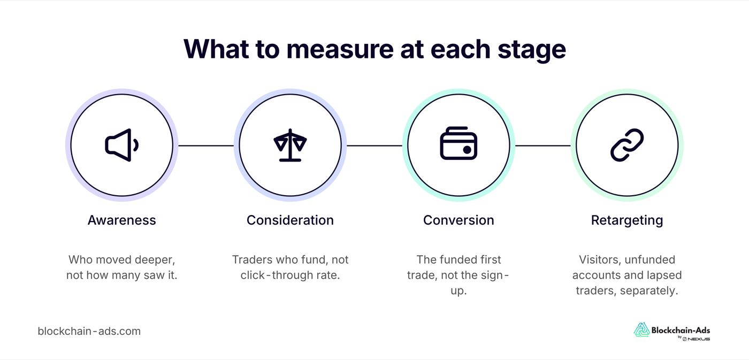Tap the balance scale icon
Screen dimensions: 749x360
click(x=290, y=145)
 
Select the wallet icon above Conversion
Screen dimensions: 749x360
click(x=458, y=143)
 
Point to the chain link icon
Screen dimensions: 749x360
click(x=627, y=145)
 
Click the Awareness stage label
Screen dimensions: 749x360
click(x=122, y=220)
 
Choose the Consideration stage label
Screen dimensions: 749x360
click(x=290, y=220)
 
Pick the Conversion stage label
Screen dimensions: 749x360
click(x=458, y=220)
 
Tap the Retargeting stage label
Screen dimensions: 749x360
click(x=627, y=220)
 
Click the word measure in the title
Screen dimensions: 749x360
click(x=340, y=50)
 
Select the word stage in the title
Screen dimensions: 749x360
click(x=532, y=51)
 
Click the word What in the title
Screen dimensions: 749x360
click(x=216, y=49)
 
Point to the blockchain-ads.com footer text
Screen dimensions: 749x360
click(x=89, y=331)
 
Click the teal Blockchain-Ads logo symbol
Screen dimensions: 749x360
click(x=641, y=330)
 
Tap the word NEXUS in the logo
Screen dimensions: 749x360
click(x=699, y=339)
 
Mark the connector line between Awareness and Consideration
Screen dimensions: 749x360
click(x=206, y=145)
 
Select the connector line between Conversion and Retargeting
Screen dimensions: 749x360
click(x=543, y=145)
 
